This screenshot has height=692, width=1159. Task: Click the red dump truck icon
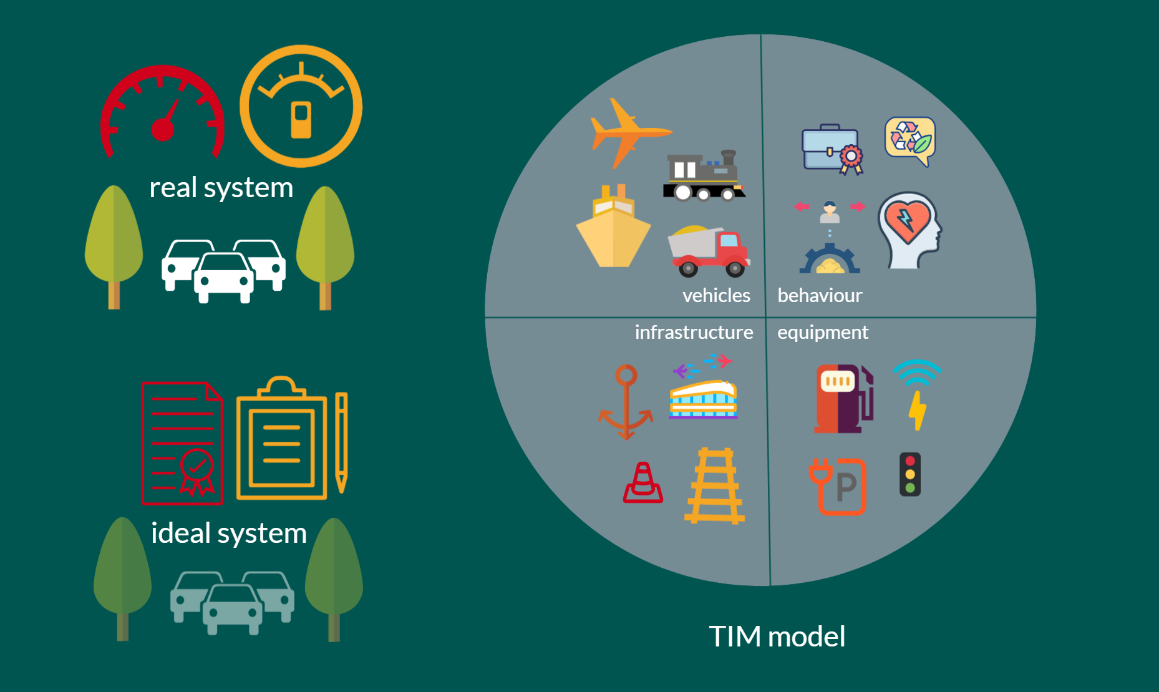coord(709,251)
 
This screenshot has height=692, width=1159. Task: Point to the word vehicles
coord(716,295)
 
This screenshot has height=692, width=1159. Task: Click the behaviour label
coord(820,295)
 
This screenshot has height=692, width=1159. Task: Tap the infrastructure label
coord(694,332)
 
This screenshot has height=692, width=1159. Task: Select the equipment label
coord(822,333)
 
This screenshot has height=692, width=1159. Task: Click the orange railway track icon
coord(714,485)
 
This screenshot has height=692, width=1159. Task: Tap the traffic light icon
coord(910,474)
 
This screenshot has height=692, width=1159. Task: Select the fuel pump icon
coord(843,399)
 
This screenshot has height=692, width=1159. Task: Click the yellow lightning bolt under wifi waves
coord(917,411)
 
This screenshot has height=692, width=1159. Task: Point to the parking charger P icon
coord(838,486)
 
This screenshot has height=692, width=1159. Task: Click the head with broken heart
coord(909,230)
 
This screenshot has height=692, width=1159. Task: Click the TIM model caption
coord(777,636)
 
